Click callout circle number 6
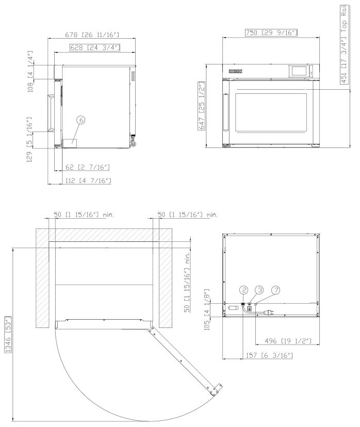pos(81,119)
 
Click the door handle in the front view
pos(225,112)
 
